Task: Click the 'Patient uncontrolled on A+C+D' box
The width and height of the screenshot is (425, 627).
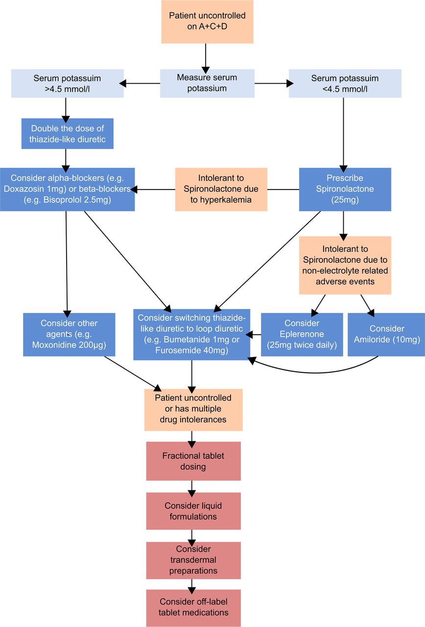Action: [207, 22]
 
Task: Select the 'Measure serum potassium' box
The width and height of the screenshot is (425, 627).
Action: [207, 83]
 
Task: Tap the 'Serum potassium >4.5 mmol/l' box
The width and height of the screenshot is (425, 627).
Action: [68, 83]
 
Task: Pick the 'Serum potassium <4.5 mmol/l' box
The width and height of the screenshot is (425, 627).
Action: [345, 83]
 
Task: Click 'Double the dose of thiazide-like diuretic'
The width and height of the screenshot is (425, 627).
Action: [68, 134]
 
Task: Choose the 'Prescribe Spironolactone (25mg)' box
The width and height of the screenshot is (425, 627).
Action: [345, 189]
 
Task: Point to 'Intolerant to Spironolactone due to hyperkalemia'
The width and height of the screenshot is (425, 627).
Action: [221, 189]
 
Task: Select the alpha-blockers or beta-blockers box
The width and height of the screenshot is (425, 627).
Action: [68, 189]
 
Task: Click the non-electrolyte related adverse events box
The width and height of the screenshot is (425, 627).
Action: [345, 265]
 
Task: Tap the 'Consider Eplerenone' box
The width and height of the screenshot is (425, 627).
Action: [302, 335]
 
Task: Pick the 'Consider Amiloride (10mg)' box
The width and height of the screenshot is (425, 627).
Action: [386, 335]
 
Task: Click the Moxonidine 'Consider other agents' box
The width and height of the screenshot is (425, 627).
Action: [69, 335]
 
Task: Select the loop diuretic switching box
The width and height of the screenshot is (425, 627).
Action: [191, 335]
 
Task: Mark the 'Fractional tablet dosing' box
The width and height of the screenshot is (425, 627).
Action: [193, 461]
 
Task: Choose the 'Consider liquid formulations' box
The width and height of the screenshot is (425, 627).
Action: [193, 511]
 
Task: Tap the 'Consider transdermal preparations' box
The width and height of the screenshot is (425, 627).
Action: [193, 560]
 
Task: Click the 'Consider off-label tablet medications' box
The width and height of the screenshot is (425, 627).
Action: [193, 608]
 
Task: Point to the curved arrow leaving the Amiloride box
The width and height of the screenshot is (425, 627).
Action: [315, 373]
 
